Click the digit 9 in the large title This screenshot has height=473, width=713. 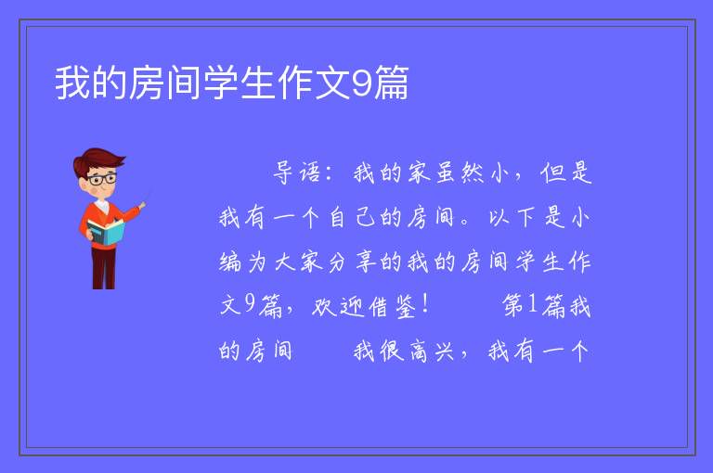click(361, 83)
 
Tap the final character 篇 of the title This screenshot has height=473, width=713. click(391, 83)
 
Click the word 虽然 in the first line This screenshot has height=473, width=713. click(460, 173)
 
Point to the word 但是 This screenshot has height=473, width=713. click(566, 173)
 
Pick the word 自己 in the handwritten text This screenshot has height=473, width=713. click(353, 217)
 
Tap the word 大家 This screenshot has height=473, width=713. click(298, 262)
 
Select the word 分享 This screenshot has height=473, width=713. click(352, 262)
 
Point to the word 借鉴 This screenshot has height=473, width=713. click(393, 306)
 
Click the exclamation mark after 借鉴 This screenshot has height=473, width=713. click(425, 304)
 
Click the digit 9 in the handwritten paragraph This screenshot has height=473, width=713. click(249, 304)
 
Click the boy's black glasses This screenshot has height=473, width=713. click(102, 179)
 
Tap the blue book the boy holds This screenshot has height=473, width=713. click(106, 232)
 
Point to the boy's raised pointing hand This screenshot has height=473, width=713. click(142, 205)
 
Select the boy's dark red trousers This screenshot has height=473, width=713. click(104, 267)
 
